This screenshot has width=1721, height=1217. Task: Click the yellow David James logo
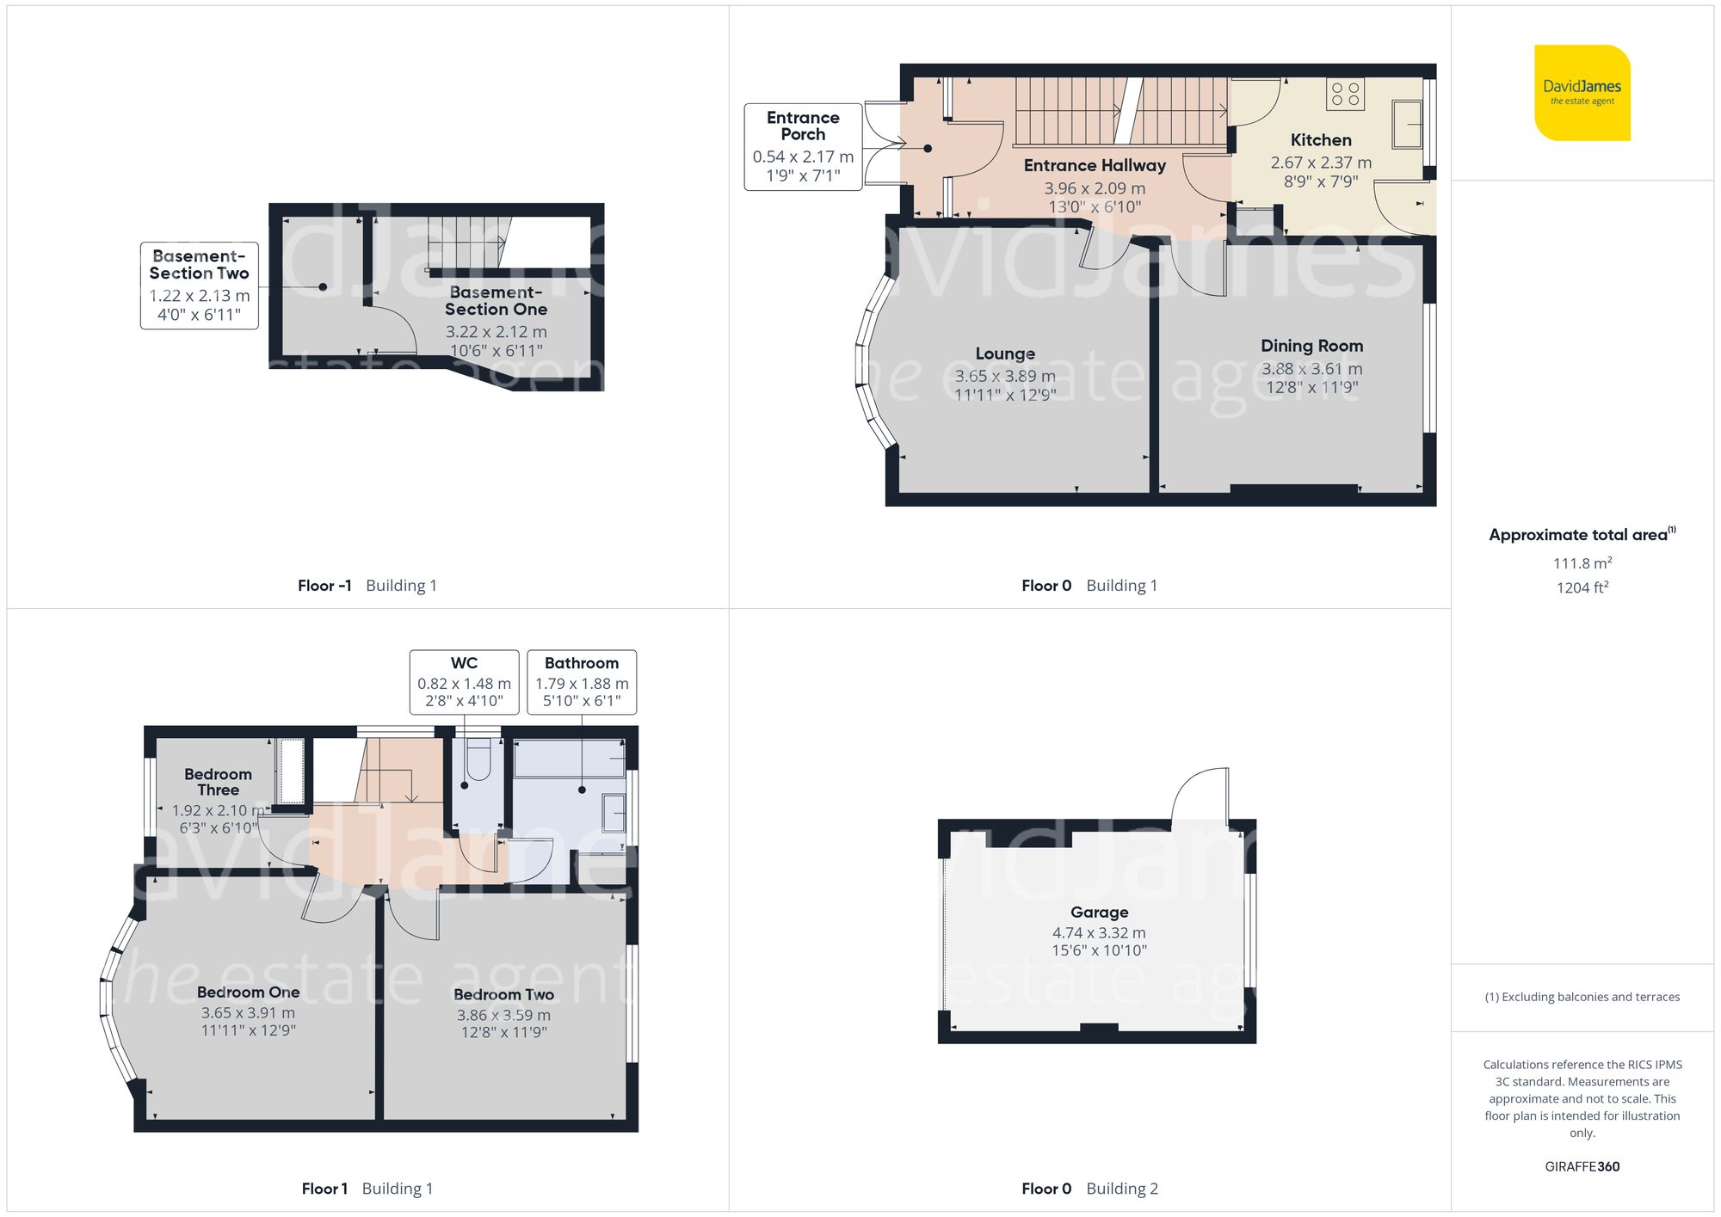[x=1582, y=93]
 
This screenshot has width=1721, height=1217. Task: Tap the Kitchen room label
[x=1320, y=140]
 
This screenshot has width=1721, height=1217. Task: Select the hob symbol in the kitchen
[x=1345, y=94]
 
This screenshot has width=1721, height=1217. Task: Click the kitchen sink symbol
[x=1407, y=125]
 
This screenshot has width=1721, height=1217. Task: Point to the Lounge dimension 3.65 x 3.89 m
[x=1004, y=376]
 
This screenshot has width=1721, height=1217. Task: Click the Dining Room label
[x=1311, y=346]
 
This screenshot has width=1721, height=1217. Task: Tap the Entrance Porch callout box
[x=802, y=146]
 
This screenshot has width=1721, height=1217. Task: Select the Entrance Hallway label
[x=1094, y=165]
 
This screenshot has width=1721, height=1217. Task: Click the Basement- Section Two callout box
[x=199, y=285]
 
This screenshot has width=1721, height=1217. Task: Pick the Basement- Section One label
[x=496, y=300]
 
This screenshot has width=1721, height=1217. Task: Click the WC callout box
[x=464, y=681]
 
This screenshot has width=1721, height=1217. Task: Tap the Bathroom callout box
[x=582, y=681]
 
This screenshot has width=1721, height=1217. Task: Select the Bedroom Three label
[x=218, y=782]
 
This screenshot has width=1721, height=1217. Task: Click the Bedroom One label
[x=248, y=993]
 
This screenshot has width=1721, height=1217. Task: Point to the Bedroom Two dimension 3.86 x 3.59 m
[x=503, y=1015]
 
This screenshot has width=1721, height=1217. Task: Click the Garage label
[x=1099, y=912]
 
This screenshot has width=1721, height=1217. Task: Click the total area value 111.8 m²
[x=1582, y=563]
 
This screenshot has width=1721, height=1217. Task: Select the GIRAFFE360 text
[x=1582, y=1166]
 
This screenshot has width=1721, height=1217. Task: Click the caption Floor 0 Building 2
[x=1089, y=1189]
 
